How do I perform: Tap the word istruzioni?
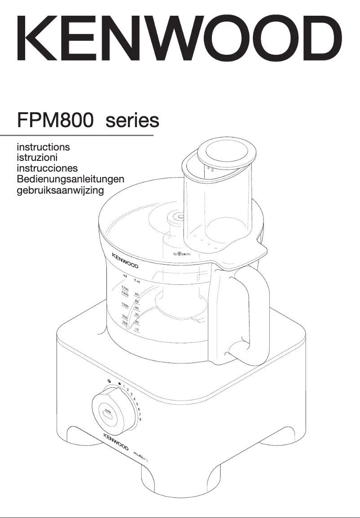37,157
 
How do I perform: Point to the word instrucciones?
47,168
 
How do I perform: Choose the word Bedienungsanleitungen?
70,179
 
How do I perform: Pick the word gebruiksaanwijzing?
60,190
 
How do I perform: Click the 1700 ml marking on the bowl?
125,288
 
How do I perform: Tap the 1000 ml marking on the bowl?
125,305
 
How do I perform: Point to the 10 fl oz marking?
137,330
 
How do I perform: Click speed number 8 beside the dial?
140,419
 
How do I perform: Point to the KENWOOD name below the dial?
116,442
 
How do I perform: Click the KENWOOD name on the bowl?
125,261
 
